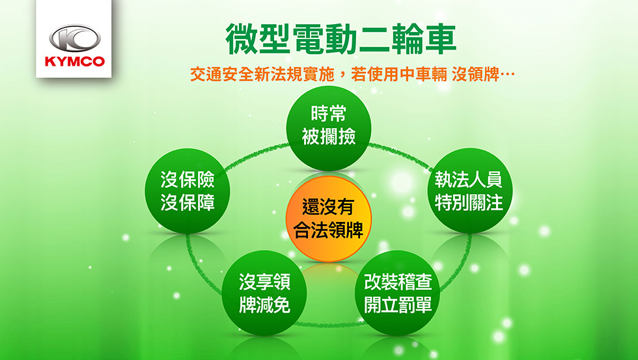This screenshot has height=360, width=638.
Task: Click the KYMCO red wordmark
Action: (74, 61)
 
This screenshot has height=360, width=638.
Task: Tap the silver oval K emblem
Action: (74, 38)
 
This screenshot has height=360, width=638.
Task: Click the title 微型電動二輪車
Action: (341, 39)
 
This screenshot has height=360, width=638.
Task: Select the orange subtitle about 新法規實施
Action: (352, 74)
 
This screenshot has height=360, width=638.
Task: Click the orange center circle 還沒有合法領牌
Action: (328, 219)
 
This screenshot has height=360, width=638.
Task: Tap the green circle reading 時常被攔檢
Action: (329, 128)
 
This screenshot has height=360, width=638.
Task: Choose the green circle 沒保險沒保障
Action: (187, 191)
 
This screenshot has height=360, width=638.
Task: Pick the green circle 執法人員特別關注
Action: (469, 190)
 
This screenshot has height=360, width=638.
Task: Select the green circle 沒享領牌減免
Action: (264, 293)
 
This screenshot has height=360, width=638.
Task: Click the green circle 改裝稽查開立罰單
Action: (397, 293)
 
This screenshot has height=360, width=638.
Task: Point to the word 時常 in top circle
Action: (328, 113)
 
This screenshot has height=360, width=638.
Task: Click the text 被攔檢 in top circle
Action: (329, 137)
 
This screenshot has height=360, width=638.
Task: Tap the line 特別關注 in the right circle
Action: (469, 202)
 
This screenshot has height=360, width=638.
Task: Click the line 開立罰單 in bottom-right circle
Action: (398, 305)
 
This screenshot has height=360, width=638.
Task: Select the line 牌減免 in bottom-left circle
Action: (264, 305)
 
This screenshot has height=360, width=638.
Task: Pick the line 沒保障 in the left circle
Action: (187, 202)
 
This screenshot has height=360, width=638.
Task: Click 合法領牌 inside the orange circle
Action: (328, 230)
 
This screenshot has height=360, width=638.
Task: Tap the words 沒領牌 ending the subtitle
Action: (476, 74)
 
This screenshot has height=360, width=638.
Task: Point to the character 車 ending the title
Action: (441, 39)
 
